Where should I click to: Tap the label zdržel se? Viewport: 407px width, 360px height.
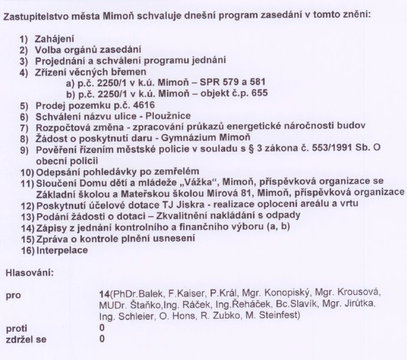[x=24, y=340]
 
